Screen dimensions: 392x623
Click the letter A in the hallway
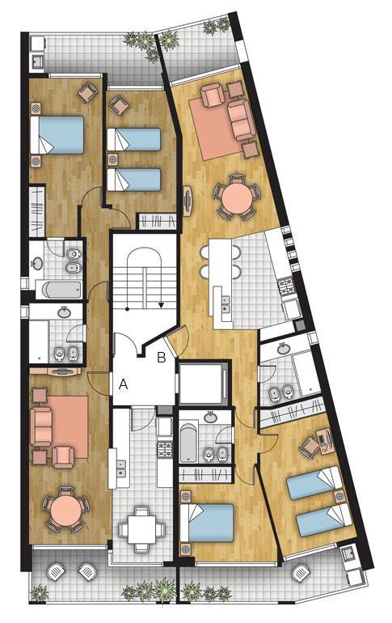(x=124, y=384)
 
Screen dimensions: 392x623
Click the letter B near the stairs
(x=162, y=358)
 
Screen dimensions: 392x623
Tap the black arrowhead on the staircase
(x=161, y=305)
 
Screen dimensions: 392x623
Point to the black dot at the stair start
(x=127, y=308)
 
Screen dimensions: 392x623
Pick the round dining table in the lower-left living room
(x=65, y=509)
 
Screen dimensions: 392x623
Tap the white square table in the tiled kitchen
(x=141, y=529)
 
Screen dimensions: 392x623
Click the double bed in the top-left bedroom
(x=57, y=134)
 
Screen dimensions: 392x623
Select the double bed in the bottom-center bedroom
(x=207, y=523)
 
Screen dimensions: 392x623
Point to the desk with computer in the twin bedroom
(x=325, y=441)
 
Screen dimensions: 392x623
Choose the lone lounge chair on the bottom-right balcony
(x=300, y=574)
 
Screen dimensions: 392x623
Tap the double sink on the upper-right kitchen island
(x=226, y=305)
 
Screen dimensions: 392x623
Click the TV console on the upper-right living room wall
(x=188, y=201)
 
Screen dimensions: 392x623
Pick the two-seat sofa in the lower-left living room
(x=41, y=426)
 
